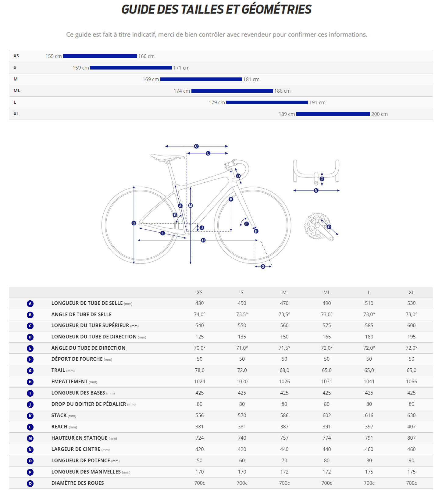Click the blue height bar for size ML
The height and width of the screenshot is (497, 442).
(x=232, y=91)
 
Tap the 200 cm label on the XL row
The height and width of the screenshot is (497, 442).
(x=379, y=114)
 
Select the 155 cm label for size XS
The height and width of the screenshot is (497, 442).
(x=53, y=56)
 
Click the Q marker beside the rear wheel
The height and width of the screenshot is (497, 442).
(x=134, y=223)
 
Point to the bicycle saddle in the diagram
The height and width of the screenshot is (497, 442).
(x=167, y=157)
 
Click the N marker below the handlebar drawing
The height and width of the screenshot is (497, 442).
(x=316, y=191)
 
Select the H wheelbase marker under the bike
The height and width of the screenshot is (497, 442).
(x=203, y=240)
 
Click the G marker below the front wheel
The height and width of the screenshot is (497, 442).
(x=263, y=266)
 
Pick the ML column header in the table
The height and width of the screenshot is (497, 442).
(x=326, y=292)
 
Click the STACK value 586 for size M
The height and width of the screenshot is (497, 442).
(x=284, y=415)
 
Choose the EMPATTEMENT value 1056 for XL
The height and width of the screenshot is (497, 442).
(x=411, y=381)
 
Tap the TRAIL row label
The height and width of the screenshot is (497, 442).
(x=58, y=370)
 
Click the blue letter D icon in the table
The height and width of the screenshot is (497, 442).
(x=30, y=337)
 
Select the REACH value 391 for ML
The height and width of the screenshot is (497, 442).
(x=326, y=427)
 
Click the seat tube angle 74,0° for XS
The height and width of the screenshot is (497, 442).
(x=199, y=314)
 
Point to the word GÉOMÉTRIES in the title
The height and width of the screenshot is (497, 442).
(x=276, y=9)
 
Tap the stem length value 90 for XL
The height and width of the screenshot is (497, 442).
(x=411, y=460)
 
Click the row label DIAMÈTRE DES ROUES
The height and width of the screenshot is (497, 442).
(x=77, y=483)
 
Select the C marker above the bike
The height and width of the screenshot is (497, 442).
(x=196, y=146)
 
